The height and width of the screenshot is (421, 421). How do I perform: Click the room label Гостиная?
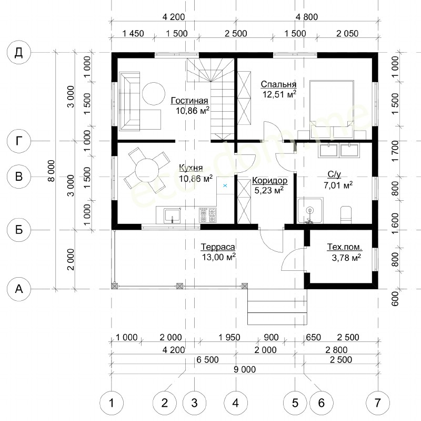pyautogui.click(x=189, y=101)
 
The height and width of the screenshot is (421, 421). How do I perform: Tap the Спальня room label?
pyautogui.click(x=279, y=84)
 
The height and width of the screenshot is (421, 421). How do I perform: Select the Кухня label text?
pyautogui.click(x=191, y=168)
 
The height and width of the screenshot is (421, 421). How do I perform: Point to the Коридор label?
pyautogui.click(x=269, y=180)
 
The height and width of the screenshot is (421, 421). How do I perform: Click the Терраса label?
pyautogui.click(x=218, y=247)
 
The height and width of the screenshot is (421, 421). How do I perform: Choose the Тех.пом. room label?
pyautogui.click(x=345, y=247)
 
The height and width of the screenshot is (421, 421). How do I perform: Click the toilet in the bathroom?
pyautogui.click(x=346, y=215)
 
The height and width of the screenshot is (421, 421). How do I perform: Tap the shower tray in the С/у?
pyautogui.click(x=310, y=211)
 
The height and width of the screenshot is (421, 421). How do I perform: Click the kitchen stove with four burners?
pyautogui.click(x=207, y=215)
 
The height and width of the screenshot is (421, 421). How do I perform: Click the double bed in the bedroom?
pyautogui.click(x=332, y=109)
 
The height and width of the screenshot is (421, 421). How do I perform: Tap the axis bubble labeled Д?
pyautogui.click(x=18, y=52)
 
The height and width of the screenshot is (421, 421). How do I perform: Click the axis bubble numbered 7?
pyautogui.click(x=377, y=403)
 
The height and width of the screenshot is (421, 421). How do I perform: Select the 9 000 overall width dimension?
pyautogui.click(x=245, y=369)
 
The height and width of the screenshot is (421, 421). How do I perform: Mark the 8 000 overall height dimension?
pyautogui.click(x=51, y=171)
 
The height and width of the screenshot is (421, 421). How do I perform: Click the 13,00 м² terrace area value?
pyautogui.click(x=218, y=257)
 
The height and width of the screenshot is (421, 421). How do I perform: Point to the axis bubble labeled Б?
pyautogui.click(x=18, y=230)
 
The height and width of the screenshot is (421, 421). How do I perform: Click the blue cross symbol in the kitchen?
pyautogui.click(x=225, y=186)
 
